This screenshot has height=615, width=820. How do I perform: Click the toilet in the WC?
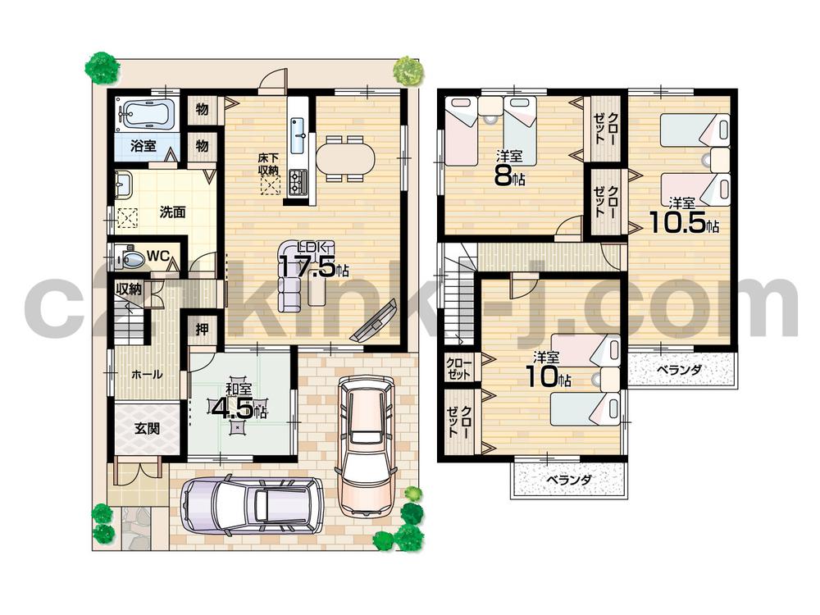click(x=131, y=259)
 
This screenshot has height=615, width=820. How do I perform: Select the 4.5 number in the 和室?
click(x=233, y=408)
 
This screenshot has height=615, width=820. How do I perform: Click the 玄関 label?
click(x=147, y=427)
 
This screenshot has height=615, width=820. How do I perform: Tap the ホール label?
click(x=147, y=375)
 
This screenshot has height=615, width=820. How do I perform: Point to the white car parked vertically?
click(x=366, y=444)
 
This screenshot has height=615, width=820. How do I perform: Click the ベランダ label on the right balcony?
click(x=679, y=370)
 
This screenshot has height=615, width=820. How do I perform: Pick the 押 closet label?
click(x=201, y=330)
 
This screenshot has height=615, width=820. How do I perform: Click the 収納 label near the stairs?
click(x=129, y=289)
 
